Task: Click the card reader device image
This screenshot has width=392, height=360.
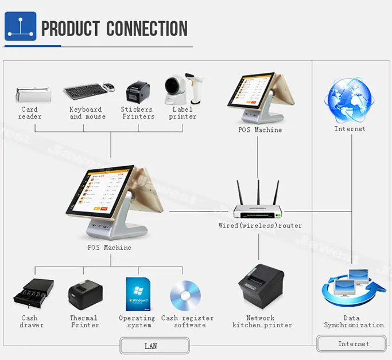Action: [x=33, y=93]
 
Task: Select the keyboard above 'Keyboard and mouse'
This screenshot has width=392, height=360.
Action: [x=83, y=91]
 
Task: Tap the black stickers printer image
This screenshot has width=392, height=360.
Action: [x=138, y=92]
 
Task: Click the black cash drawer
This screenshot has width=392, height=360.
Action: [x=33, y=294]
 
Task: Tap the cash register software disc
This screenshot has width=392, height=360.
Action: [x=185, y=295]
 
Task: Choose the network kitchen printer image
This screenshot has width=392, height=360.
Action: [x=261, y=287]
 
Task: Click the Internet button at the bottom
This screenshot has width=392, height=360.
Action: [x=353, y=344]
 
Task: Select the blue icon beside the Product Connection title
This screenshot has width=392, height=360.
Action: [x=20, y=26]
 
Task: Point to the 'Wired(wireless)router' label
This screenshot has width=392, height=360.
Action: [x=260, y=226]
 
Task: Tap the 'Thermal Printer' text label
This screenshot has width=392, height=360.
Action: [x=84, y=322]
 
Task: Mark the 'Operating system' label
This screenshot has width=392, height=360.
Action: [x=137, y=322]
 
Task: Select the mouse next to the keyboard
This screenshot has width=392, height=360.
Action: [x=109, y=87]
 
